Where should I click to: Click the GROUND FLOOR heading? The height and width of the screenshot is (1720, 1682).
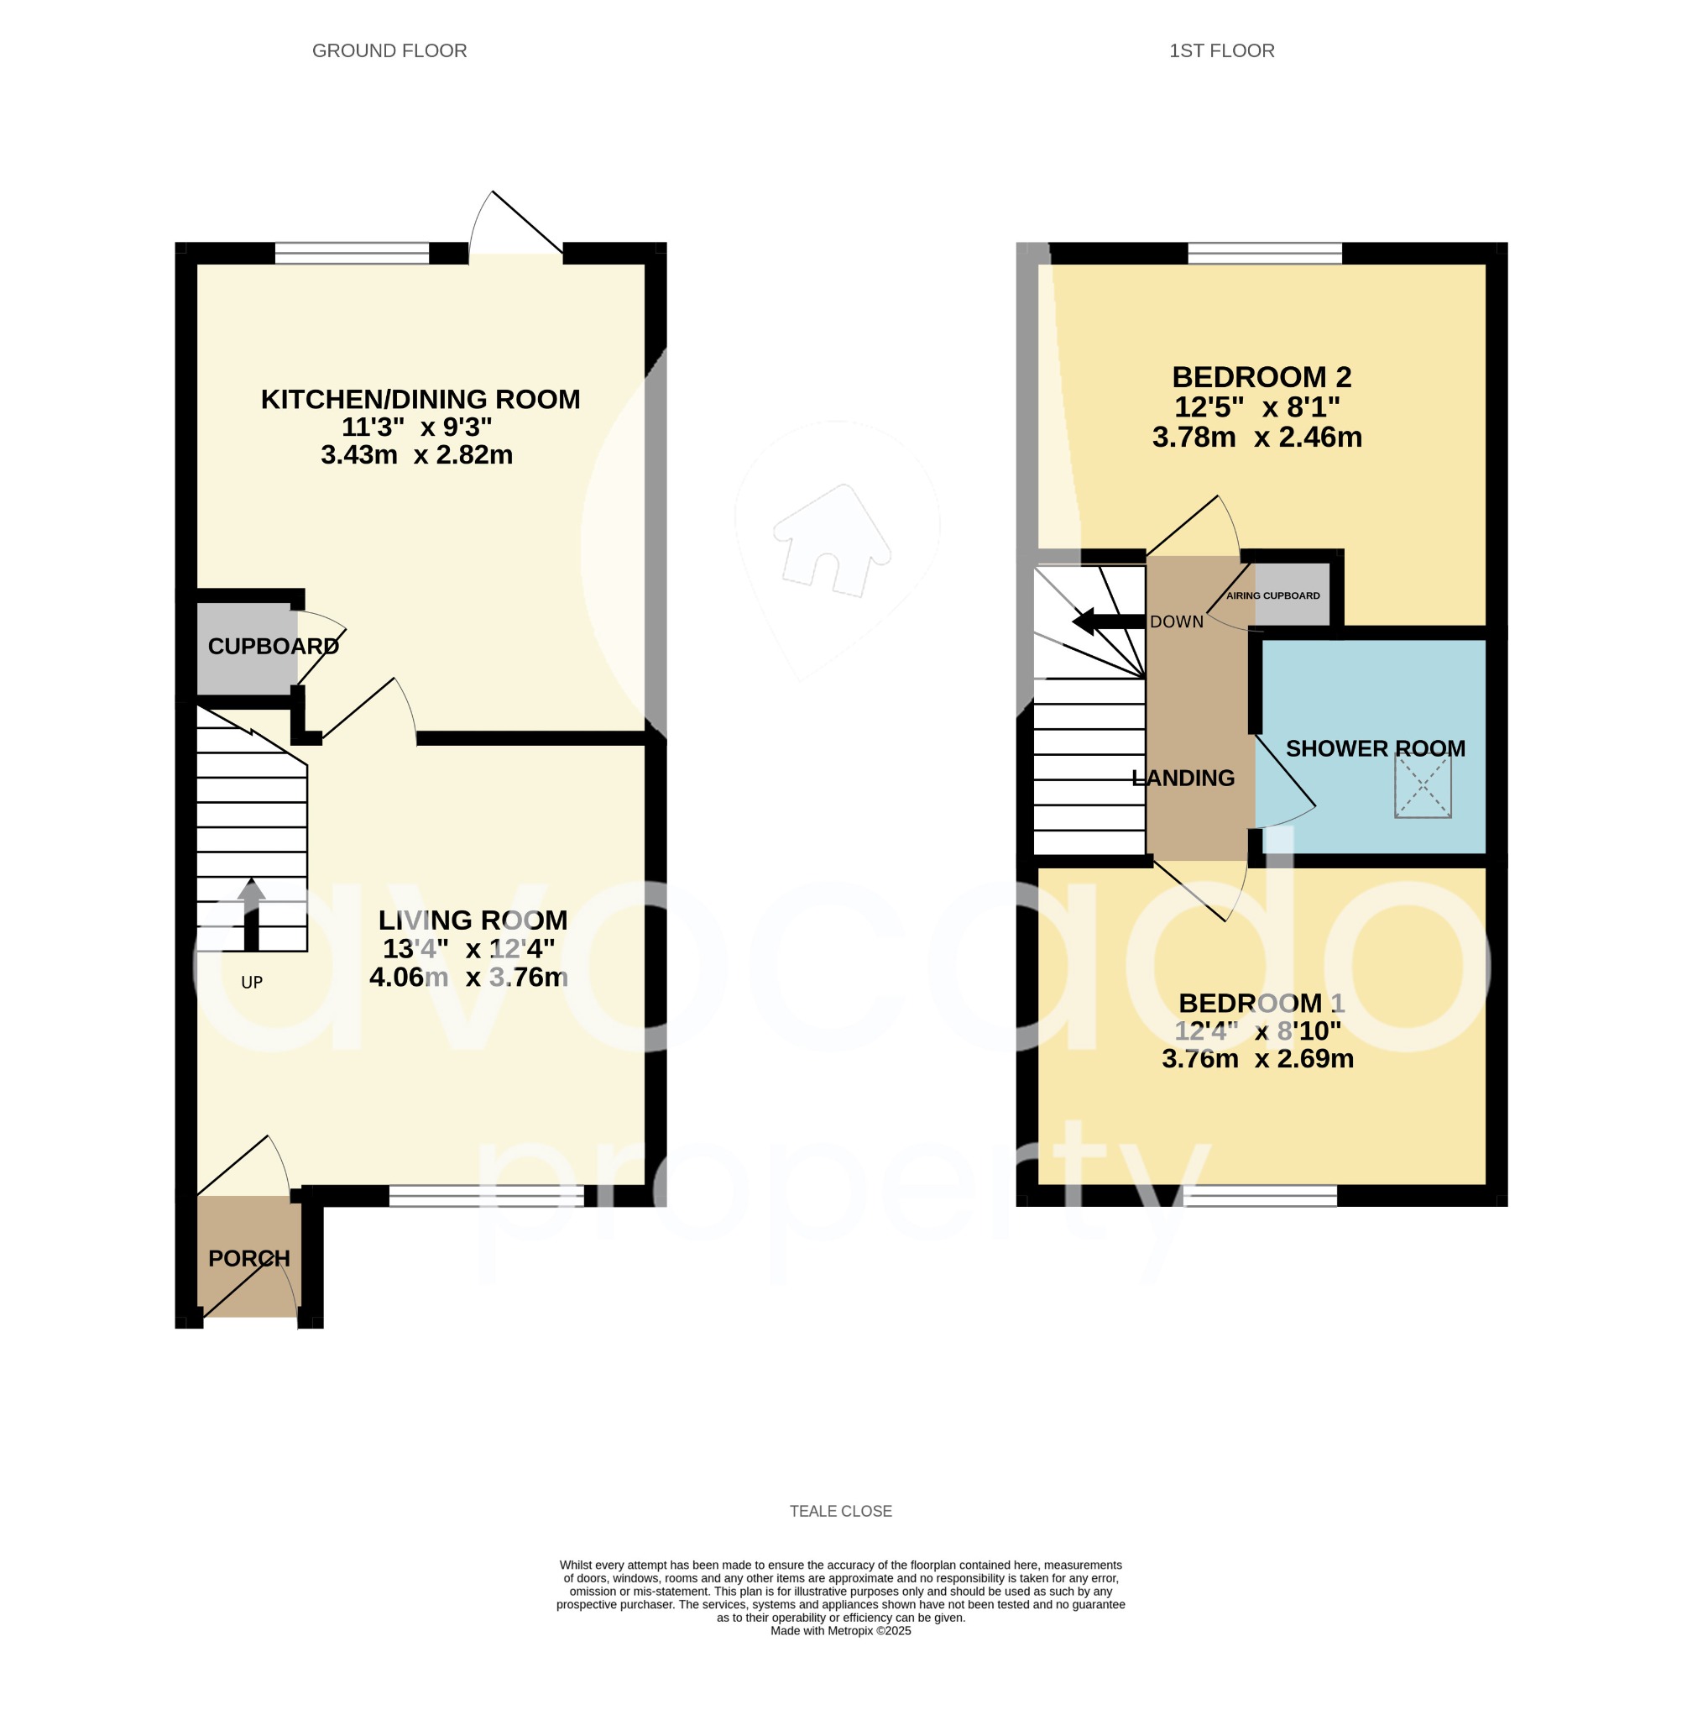point(389,51)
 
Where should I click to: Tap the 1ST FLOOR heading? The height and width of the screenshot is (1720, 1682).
point(1222,51)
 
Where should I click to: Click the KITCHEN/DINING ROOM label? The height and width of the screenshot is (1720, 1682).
point(420,400)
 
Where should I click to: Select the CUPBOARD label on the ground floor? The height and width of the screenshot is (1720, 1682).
point(273,646)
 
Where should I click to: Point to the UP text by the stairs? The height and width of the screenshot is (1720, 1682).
point(252,982)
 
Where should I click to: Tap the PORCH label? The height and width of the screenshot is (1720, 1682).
point(249,1258)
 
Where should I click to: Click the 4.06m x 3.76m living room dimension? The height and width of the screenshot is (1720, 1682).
point(468,978)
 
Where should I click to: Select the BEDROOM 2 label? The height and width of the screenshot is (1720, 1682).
point(1261,377)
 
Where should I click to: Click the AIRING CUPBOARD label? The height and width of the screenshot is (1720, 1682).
point(1273,595)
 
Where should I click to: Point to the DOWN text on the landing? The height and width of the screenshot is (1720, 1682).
point(1177,622)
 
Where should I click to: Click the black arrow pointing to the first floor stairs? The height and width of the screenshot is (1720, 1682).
point(1107,621)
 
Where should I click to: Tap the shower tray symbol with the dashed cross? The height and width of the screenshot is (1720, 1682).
point(1423,788)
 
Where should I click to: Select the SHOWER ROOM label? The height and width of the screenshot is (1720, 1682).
point(1376,748)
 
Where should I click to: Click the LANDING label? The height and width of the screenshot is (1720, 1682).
point(1183,778)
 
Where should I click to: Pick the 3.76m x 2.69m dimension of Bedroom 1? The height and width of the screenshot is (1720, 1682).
point(1257,1059)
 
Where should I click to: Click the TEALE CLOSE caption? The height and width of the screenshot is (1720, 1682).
point(841,1511)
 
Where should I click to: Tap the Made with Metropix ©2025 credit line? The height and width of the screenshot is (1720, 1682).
point(841,1631)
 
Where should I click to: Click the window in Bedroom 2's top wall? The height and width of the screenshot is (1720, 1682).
point(1265,254)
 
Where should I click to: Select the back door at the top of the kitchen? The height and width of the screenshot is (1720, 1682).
point(517,225)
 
